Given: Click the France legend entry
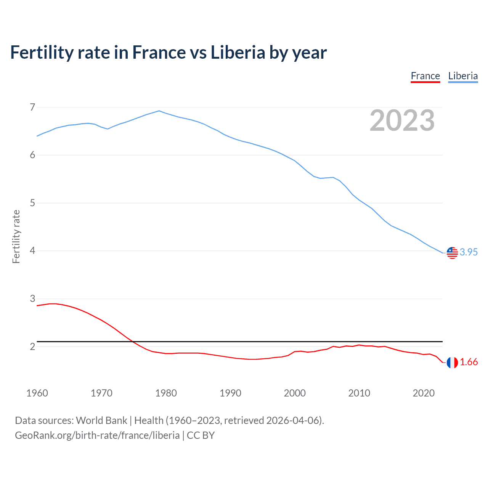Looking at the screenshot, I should [x=425, y=76].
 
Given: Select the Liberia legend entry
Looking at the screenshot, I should [x=463, y=76].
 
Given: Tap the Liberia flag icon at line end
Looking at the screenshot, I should [x=452, y=252].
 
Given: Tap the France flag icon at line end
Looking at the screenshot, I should [x=452, y=363].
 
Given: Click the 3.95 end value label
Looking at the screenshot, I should [x=469, y=252].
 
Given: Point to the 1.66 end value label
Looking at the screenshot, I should [x=469, y=362].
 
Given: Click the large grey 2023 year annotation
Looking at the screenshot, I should [x=402, y=120].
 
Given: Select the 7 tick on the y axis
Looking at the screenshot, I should [x=32, y=107].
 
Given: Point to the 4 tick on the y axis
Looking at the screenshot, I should [x=32, y=251].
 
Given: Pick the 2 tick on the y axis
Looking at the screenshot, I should [x=32, y=347].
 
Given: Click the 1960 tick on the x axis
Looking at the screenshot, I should [x=37, y=393].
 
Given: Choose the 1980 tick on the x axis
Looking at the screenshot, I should [x=166, y=393].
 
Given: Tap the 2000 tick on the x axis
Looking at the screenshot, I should [x=295, y=393].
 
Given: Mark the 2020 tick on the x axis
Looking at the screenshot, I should [x=424, y=393].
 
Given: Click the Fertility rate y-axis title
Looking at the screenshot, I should [x=16, y=236].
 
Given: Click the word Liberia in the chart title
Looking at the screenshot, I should [x=238, y=53].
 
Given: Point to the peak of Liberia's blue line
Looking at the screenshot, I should [x=159, y=111].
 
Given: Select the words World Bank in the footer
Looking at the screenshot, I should [x=101, y=421].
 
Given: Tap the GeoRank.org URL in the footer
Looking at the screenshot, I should [x=97, y=435].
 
